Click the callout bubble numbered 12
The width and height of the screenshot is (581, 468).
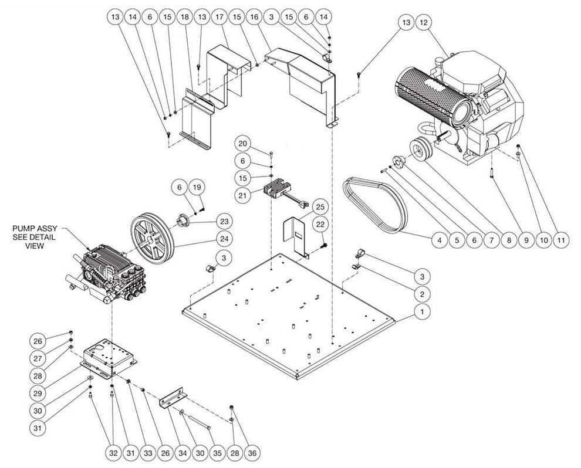[x=424, y=23]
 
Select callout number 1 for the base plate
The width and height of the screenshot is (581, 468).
[x=422, y=312]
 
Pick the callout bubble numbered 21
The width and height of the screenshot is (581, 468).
[x=243, y=195]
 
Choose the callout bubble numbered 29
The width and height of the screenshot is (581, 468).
[x=38, y=393]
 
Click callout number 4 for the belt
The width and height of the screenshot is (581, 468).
[x=440, y=240]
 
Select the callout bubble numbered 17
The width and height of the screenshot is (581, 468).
[x=219, y=17]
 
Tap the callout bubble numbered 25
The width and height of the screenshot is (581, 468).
[x=320, y=207]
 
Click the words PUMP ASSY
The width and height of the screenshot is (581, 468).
[x=34, y=229]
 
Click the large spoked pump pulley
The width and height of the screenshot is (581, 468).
[x=152, y=239]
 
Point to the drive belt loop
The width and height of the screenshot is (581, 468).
[x=375, y=205]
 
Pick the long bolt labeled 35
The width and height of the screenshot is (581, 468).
[x=200, y=422]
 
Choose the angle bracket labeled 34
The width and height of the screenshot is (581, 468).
[x=173, y=398]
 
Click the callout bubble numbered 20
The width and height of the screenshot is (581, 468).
[x=244, y=144]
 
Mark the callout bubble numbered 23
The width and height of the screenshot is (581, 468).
[x=225, y=222]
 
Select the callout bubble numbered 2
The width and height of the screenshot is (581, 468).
[x=422, y=294]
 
